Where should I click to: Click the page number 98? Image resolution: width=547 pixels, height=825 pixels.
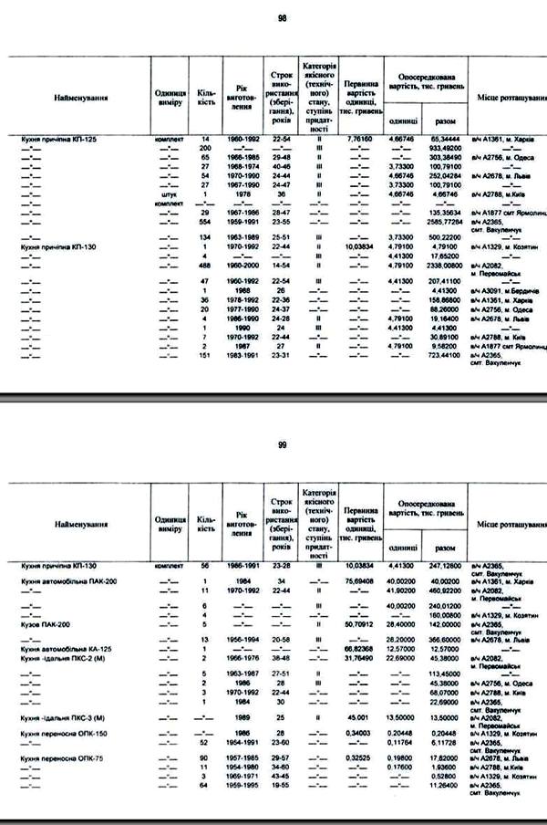click(x=282, y=17)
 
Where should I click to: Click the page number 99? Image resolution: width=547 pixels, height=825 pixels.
click(x=282, y=446)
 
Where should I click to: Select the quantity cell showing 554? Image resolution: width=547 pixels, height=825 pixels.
click(x=205, y=222)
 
